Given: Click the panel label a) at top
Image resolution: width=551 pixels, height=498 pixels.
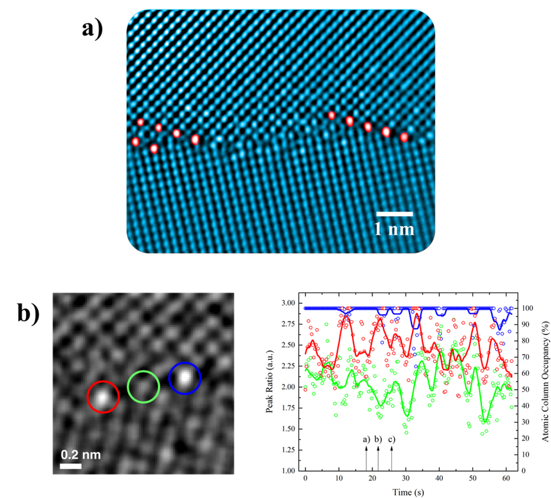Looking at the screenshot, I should click(x=92, y=27).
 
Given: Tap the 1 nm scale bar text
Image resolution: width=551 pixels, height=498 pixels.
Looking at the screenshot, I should click(x=394, y=229).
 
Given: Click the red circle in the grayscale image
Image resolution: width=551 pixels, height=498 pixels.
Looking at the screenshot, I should click(x=103, y=397).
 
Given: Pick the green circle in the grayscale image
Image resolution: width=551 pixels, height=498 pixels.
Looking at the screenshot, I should click(x=143, y=386).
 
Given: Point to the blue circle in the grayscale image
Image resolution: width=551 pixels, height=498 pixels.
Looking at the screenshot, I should click(x=184, y=378).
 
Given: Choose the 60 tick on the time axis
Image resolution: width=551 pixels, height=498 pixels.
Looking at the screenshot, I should click(x=506, y=479).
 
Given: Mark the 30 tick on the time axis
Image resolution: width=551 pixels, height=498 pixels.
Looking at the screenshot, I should click(x=406, y=479).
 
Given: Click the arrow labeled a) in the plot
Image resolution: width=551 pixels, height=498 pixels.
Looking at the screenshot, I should click(x=366, y=457).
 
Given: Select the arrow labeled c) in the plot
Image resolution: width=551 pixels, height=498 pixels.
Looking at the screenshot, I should click(x=391, y=457).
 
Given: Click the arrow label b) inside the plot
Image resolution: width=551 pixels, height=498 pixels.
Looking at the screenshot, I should click(x=378, y=439).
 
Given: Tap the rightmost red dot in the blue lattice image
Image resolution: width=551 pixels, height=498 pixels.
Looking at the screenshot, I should click(x=404, y=137).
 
